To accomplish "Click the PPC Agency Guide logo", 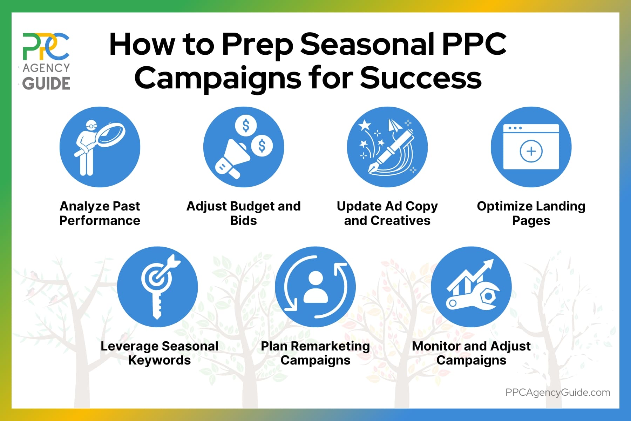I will click(46, 61).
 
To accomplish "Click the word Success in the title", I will click(421, 78).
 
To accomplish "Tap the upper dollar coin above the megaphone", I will click(246, 126).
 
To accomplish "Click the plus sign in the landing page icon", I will click(531, 151).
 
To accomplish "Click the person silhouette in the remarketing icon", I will click(315, 287).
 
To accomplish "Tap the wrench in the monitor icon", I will click(473, 298).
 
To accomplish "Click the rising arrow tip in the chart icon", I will click(489, 264).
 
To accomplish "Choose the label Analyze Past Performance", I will click(100, 213).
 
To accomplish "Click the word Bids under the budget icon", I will click(243, 221).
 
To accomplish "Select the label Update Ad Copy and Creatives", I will click(387, 213).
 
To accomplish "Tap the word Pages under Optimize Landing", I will click(531, 221).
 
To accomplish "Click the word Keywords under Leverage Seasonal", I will click(159, 360).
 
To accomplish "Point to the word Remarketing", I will click(330, 346).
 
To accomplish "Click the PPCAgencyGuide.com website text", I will click(557, 392).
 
